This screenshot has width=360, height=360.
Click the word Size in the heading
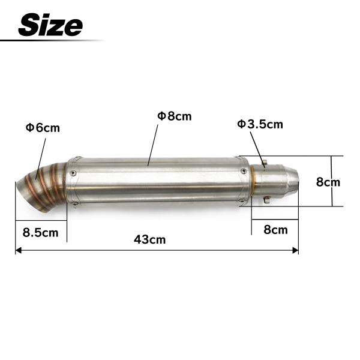point(50,25)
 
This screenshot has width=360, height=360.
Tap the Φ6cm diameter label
point(43,128)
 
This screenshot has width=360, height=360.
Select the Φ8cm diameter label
point(174,116)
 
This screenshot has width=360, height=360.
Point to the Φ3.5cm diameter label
point(260,124)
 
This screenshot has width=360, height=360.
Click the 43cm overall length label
point(149,239)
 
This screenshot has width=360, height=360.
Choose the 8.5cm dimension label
point(40,233)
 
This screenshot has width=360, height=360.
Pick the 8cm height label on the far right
point(328,182)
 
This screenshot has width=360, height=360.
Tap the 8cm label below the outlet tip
point(275,230)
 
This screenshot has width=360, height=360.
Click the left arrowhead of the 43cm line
point(19,250)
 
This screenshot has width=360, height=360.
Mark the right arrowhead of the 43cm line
point(295,250)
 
